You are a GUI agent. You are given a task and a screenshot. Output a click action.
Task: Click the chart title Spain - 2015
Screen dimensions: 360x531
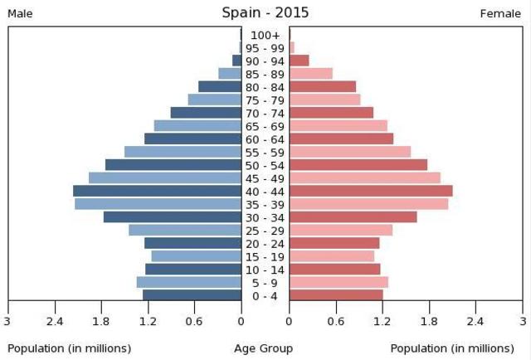265,12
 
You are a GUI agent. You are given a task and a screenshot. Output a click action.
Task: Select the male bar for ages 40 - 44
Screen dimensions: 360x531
157,191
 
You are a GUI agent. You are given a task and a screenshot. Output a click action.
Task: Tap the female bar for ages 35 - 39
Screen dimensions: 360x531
369,204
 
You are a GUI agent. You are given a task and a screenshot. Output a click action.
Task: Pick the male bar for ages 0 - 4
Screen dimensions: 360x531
192,295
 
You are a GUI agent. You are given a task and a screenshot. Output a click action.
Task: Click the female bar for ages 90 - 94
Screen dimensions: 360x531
300,61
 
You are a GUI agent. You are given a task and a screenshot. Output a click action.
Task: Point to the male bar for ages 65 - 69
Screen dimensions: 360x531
197,126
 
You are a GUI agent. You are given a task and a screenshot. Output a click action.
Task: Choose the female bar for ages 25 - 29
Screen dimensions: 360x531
341,230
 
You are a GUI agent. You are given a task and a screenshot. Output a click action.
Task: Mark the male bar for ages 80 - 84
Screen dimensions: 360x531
220,87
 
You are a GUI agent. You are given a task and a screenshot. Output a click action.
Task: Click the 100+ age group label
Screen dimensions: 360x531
265,35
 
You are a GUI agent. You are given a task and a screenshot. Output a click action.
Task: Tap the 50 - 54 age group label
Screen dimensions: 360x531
265,165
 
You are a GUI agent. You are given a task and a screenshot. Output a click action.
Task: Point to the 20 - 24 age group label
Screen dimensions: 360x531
265,244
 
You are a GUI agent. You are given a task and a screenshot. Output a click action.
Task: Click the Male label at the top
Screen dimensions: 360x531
20,13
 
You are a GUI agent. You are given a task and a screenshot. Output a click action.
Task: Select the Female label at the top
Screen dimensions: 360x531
500,13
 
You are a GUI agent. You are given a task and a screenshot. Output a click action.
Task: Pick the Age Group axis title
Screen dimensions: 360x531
265,348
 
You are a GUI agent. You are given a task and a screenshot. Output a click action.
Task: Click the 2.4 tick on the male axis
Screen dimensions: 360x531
55,322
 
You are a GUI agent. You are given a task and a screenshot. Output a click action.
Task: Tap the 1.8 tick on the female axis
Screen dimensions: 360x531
429,322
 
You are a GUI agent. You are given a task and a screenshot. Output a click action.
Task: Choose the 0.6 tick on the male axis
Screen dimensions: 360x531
194,322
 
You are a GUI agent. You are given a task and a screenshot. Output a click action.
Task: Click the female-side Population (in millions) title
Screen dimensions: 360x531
452,348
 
